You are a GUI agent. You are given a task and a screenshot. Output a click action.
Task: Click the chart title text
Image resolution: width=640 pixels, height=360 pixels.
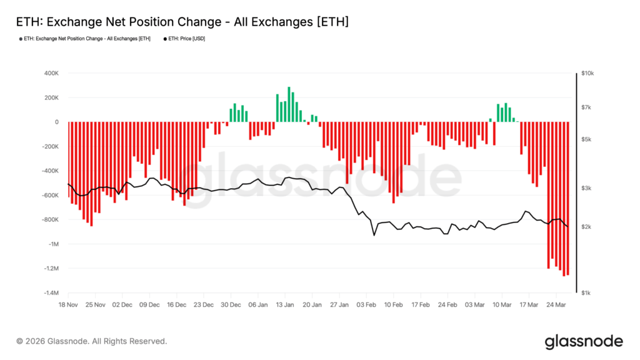coord(181,22)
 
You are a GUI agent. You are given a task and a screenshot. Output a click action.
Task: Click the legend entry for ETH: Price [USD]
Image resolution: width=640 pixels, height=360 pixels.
coord(186,39)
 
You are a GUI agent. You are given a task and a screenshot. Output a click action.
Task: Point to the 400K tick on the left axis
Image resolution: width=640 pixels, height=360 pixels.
coord(51,73)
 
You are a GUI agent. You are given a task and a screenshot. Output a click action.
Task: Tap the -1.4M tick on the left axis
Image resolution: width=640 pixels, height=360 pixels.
coord(50,293)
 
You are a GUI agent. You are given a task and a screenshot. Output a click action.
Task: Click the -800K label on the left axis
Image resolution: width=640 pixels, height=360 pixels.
coord(50,220)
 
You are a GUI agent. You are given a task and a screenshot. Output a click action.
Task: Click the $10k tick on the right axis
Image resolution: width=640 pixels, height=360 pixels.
coord(588,73)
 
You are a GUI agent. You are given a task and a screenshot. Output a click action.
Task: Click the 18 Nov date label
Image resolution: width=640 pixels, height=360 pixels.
coord(67,305)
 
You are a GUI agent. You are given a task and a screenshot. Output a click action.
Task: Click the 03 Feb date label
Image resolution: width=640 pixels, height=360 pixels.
coord(366,305)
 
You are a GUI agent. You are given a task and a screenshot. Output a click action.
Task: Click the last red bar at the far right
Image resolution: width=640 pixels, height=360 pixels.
coord(567,198)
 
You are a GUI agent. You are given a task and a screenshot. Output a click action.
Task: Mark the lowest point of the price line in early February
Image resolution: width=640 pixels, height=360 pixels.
coord(374,235)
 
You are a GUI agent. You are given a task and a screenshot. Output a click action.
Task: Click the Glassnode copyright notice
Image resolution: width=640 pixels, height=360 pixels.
coord(92,341)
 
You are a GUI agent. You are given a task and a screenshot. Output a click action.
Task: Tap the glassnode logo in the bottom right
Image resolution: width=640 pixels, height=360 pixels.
coord(584,341)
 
